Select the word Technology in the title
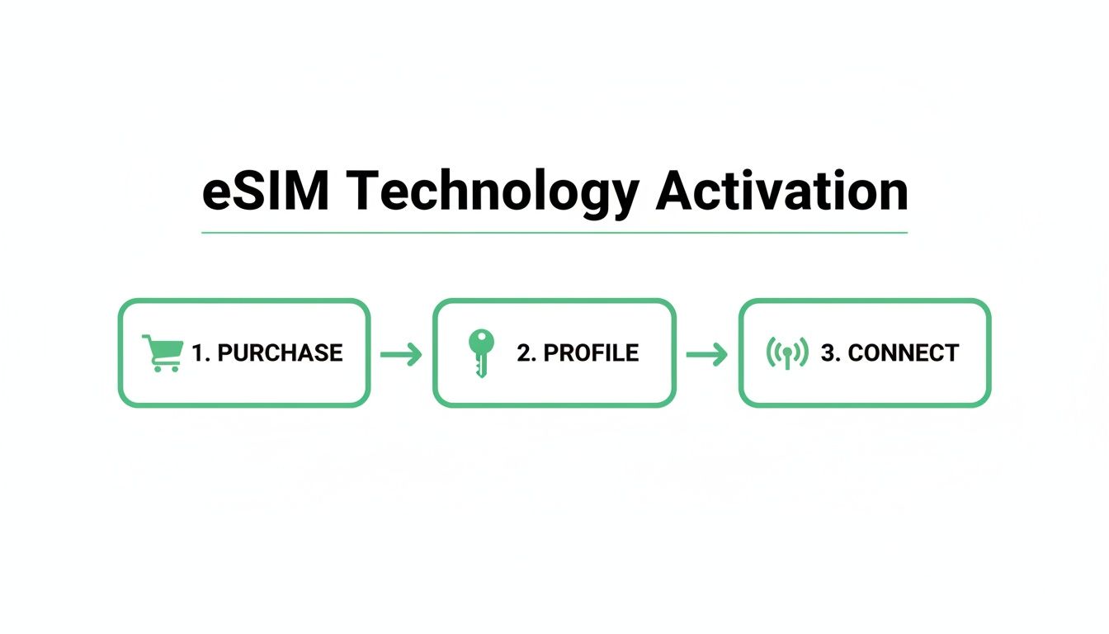point(493,193)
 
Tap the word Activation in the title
point(781,192)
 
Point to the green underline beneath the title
point(554,233)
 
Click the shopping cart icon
point(163,352)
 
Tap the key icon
point(480,353)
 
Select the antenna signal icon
point(787,353)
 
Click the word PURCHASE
point(280,353)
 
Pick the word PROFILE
point(591,353)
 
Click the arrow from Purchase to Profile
point(402,355)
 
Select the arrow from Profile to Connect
point(707,355)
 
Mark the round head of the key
point(480,341)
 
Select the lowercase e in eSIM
point(217,196)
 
